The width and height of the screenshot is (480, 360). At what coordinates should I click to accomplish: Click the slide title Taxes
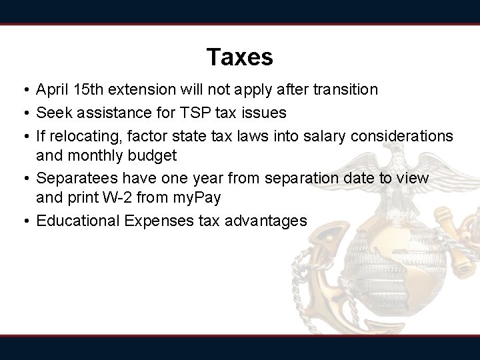(239, 57)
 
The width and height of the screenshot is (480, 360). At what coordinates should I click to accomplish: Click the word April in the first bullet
(52, 89)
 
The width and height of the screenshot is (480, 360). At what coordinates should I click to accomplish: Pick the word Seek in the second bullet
(52, 111)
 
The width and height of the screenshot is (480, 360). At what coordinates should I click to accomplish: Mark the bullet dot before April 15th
(23, 90)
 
